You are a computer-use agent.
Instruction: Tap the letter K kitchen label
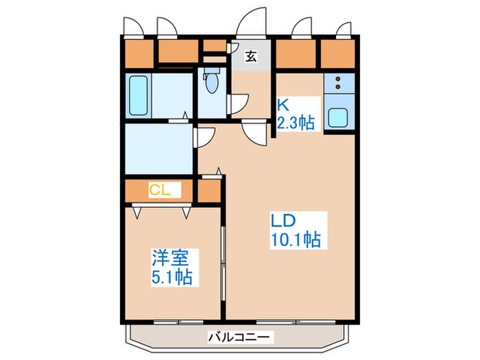(283, 105)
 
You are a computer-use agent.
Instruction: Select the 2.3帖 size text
(296, 123)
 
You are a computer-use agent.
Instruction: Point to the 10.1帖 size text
(296, 241)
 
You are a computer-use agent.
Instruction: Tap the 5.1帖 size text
(171, 278)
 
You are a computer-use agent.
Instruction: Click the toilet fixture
(213, 84)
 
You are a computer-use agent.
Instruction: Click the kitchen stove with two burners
(339, 84)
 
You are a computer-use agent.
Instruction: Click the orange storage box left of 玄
(214, 47)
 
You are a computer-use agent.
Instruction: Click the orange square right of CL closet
(209, 192)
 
